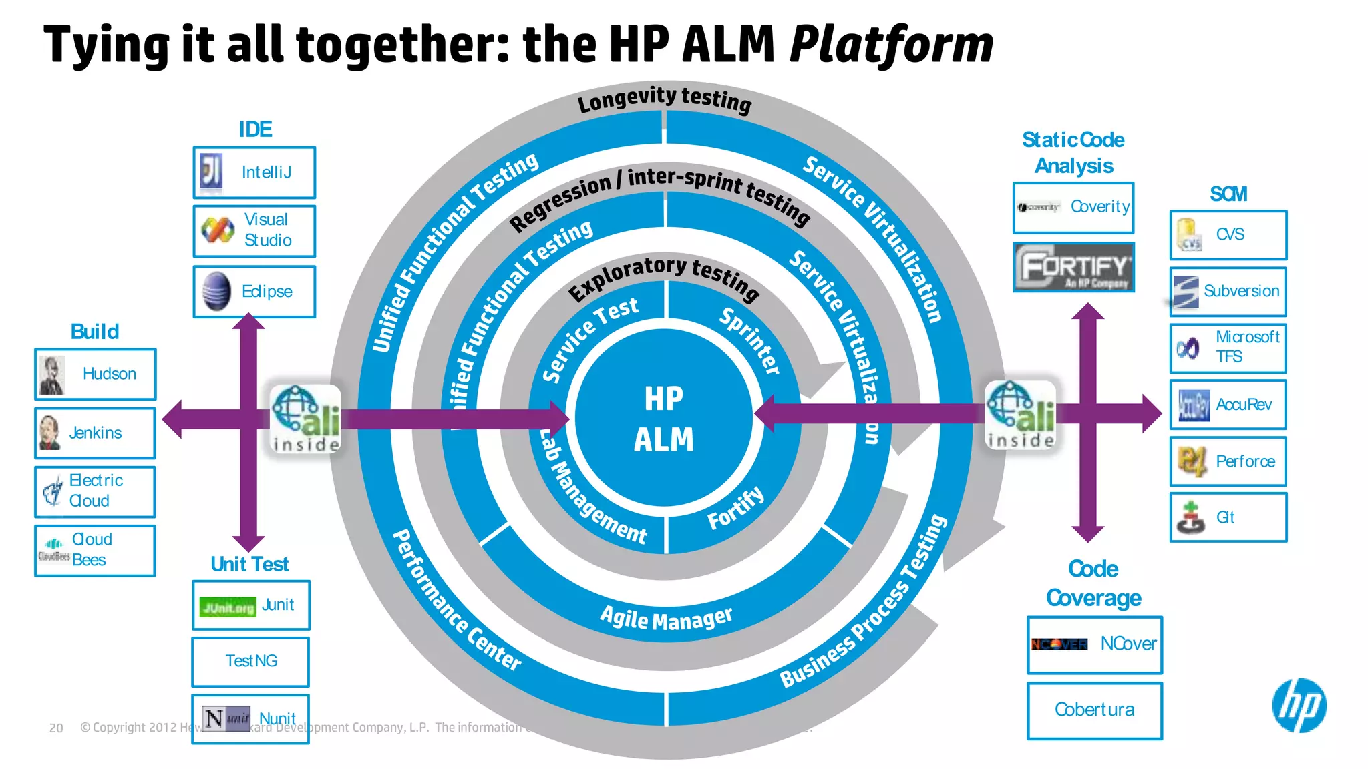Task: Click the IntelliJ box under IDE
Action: pyautogui.click(x=254, y=172)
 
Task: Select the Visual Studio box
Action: pyautogui.click(x=254, y=230)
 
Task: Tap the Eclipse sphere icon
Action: pyautogui.click(x=216, y=292)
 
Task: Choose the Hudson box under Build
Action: pyautogui.click(x=96, y=374)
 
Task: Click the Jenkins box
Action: pyautogui.click(x=95, y=433)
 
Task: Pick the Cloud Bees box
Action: pyautogui.click(x=95, y=550)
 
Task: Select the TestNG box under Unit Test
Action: pyautogui.click(x=250, y=661)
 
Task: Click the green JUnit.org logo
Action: pyautogui.click(x=227, y=607)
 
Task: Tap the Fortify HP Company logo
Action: pyautogui.click(x=1073, y=267)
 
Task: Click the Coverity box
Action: pyautogui.click(x=1073, y=207)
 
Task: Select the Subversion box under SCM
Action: pyautogui.click(x=1228, y=292)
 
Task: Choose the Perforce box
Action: pyautogui.click(x=1228, y=461)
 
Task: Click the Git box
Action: pyautogui.click(x=1228, y=517)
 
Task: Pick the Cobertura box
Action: pyautogui.click(x=1094, y=710)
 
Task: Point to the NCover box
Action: pyautogui.click(x=1094, y=644)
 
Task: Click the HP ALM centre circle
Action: pyautogui.click(x=664, y=418)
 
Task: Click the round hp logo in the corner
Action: pyautogui.click(x=1299, y=705)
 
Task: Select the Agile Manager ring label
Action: pyautogui.click(x=666, y=619)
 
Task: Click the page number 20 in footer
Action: pyautogui.click(x=56, y=728)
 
